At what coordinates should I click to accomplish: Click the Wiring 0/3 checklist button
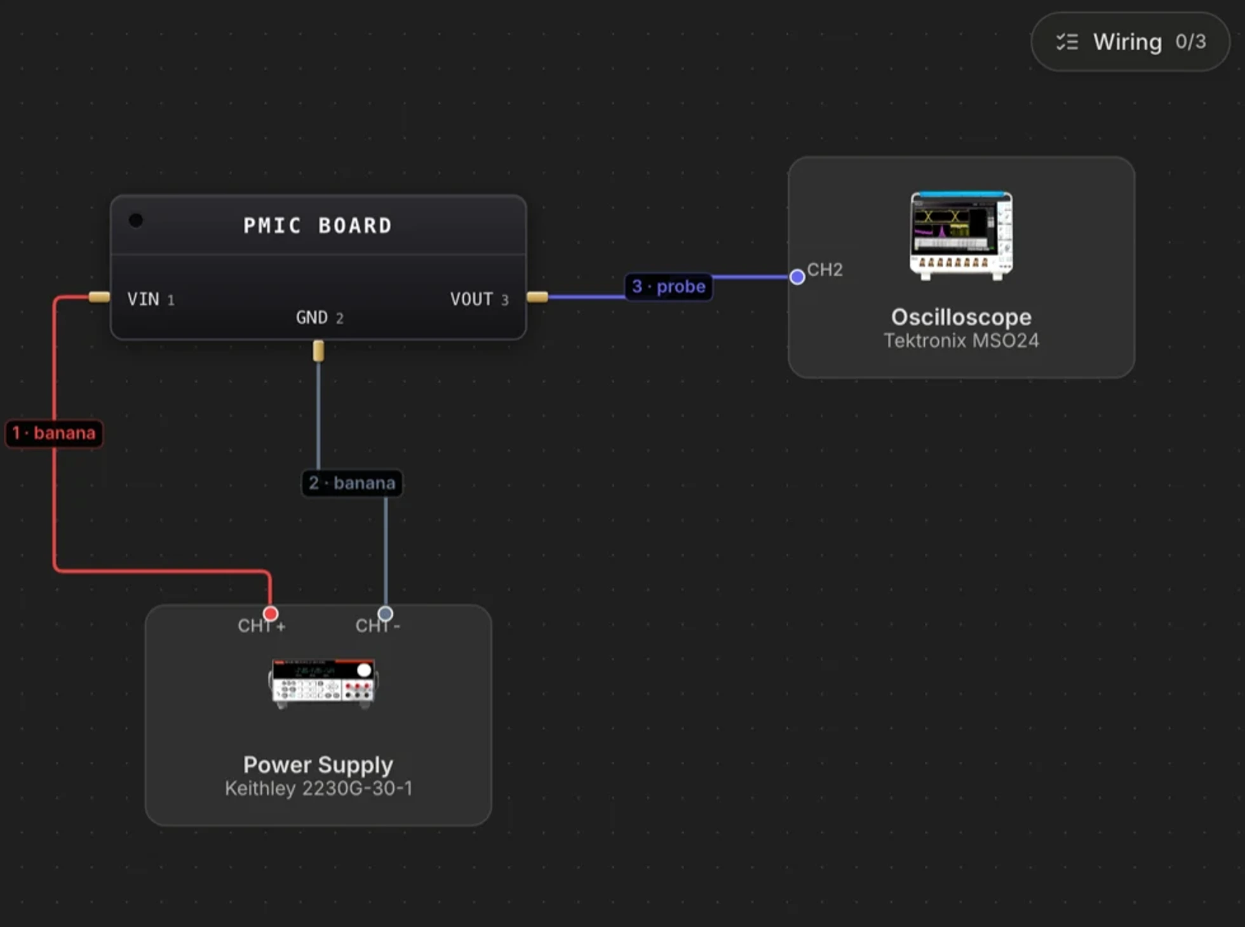click(x=1130, y=42)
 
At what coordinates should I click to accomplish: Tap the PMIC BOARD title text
click(x=318, y=225)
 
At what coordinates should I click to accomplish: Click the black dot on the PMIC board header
click(x=136, y=220)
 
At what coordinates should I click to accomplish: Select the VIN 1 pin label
click(x=151, y=299)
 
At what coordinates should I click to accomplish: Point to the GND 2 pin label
click(x=320, y=317)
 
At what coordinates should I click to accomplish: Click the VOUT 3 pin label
click(x=479, y=299)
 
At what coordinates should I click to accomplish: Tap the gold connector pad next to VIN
click(x=99, y=297)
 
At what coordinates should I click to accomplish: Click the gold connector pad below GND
click(x=318, y=351)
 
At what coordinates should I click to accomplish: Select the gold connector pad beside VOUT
click(x=537, y=297)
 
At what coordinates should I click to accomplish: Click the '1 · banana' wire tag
click(x=54, y=433)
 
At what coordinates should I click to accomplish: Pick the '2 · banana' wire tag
click(x=352, y=483)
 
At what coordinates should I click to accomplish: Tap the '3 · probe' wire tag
click(x=668, y=286)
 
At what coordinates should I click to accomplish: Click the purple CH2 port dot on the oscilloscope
click(x=797, y=277)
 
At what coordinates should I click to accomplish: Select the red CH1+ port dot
click(x=271, y=613)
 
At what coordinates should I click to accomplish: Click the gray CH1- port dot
click(x=385, y=613)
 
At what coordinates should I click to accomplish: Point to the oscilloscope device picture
click(x=961, y=236)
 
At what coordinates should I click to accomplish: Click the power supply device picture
click(x=323, y=683)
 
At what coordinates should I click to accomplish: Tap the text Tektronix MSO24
click(x=961, y=341)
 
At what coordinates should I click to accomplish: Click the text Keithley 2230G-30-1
click(x=318, y=789)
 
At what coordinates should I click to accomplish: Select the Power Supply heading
click(x=318, y=765)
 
